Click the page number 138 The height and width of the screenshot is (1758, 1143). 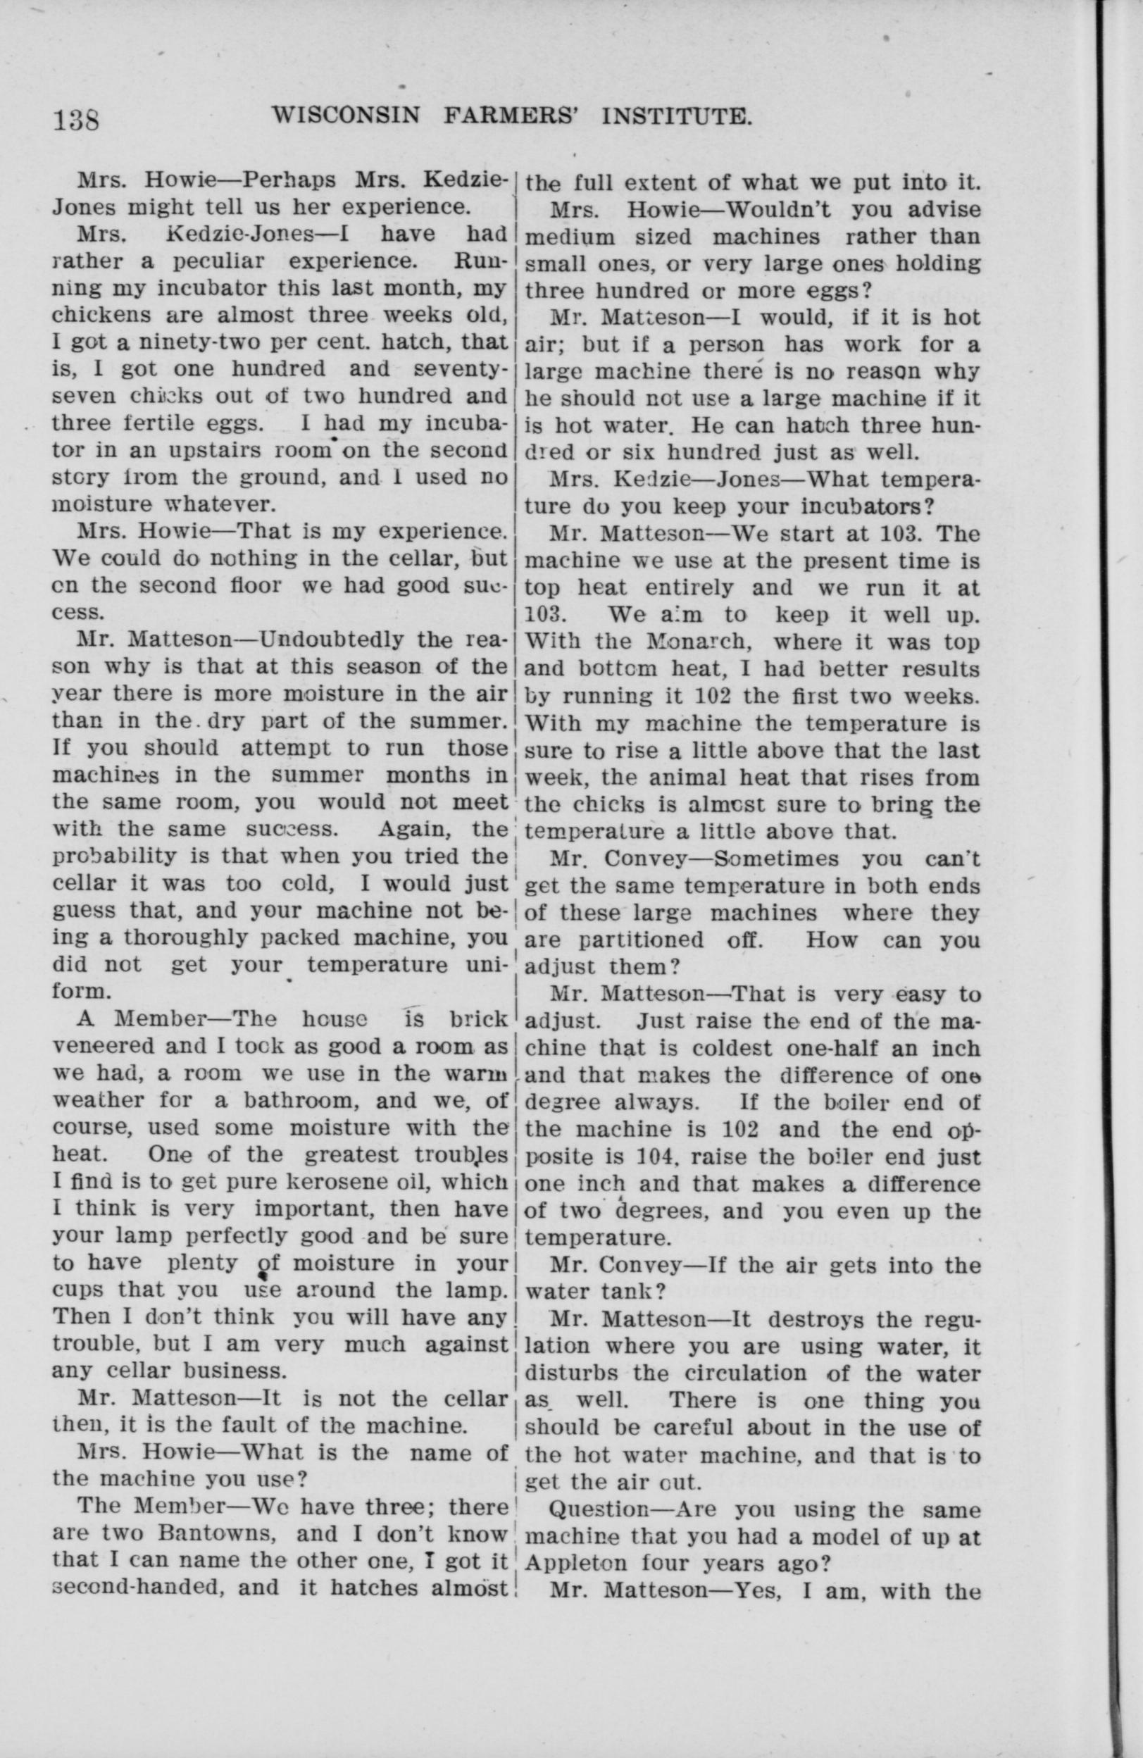coord(75,118)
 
